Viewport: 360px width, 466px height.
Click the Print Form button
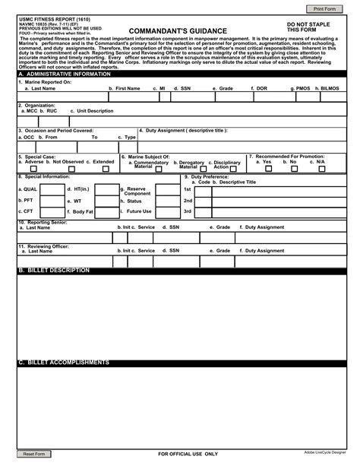point(324,8)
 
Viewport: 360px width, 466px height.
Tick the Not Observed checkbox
point(66,169)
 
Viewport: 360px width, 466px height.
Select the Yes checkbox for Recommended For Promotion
point(267,169)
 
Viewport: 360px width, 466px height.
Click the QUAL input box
point(52,189)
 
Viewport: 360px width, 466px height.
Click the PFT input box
point(52,201)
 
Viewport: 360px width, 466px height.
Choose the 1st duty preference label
point(188,189)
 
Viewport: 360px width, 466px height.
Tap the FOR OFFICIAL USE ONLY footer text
point(188,454)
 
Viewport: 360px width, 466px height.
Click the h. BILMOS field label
point(327,89)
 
